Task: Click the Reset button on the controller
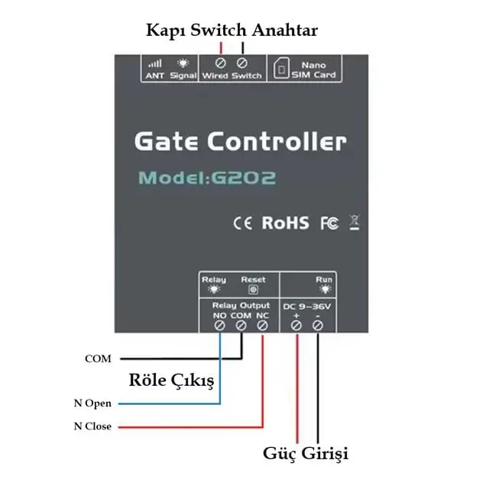[253, 290]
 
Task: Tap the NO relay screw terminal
[220, 325]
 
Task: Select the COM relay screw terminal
[241, 325]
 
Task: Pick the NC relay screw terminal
[262, 325]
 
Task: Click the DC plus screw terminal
[296, 325]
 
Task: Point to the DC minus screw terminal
[318, 325]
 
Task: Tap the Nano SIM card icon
[281, 68]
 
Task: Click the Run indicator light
[325, 290]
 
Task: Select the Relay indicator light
[214, 290]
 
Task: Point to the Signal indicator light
[183, 63]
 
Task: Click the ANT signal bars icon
[155, 63]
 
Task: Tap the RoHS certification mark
[285, 222]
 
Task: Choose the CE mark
[243, 223]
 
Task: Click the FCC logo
[329, 223]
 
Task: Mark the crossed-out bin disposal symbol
[355, 222]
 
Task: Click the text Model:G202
[207, 178]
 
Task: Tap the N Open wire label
[92, 403]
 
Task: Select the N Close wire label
[92, 426]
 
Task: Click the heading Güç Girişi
[306, 454]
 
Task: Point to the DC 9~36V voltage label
[306, 306]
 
